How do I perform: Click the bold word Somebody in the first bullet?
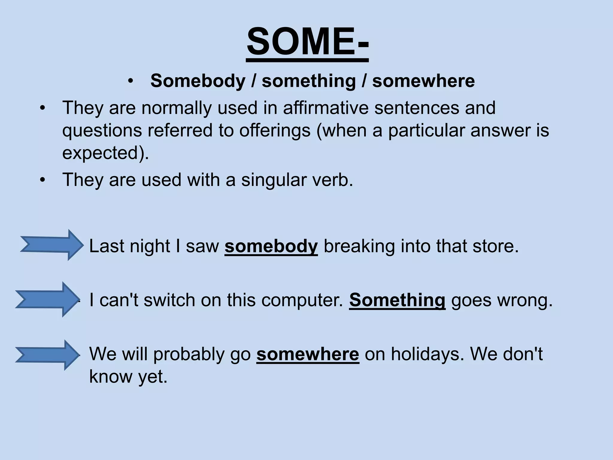coord(198,81)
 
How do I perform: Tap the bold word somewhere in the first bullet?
coord(423,81)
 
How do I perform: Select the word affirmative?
coord(326,108)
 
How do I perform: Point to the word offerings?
coord(275,131)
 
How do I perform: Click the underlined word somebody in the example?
coord(271,246)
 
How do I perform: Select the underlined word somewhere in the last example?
coord(307,354)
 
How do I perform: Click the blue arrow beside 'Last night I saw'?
coord(51,245)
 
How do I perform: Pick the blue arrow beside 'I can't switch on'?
coord(47,299)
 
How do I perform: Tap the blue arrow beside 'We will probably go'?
coord(47,355)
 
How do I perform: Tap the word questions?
coord(102,131)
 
